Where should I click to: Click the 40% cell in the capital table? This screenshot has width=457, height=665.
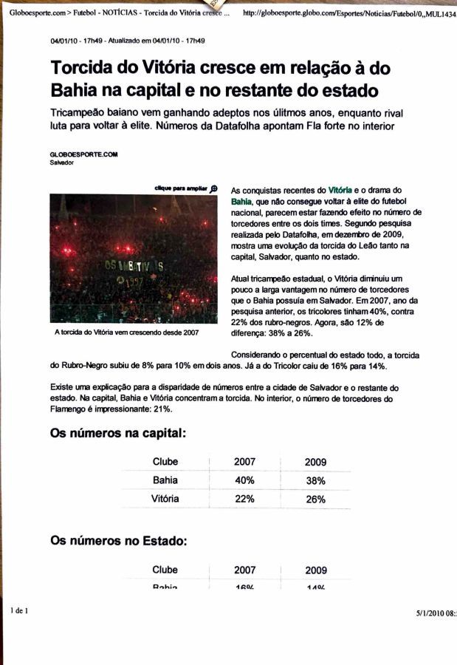click(244, 480)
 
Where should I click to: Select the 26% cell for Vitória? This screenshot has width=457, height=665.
click(315, 499)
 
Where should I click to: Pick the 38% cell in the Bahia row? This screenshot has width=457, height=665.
click(315, 480)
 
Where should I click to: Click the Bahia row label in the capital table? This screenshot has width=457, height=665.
click(165, 480)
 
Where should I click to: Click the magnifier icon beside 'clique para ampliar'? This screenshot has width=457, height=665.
click(214, 188)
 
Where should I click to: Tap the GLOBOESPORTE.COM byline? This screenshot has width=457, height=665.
click(84, 154)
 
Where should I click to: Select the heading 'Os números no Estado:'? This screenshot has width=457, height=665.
click(118, 541)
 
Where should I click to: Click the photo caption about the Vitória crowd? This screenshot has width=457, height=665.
click(127, 332)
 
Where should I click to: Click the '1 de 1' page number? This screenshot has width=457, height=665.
click(18, 612)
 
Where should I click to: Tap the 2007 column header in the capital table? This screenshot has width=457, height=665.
click(244, 462)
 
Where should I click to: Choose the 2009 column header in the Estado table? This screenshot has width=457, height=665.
click(315, 570)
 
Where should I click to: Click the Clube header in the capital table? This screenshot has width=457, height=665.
click(165, 462)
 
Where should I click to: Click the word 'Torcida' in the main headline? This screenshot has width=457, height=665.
click(83, 69)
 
